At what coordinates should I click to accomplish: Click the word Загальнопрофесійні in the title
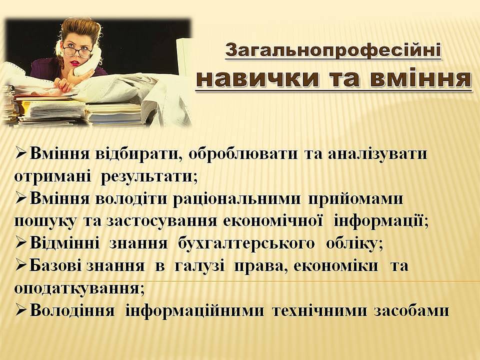(333, 51)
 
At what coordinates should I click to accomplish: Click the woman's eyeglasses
(77, 51)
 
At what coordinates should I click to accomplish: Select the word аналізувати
(377, 154)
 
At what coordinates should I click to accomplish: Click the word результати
(149, 176)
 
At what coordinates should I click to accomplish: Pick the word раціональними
(236, 199)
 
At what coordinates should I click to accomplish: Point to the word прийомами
(355, 199)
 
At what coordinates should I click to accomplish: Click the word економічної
(273, 221)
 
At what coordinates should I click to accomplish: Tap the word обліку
(354, 243)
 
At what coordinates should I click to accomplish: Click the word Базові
(55, 265)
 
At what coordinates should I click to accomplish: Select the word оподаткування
(79, 288)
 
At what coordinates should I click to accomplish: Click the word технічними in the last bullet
(319, 310)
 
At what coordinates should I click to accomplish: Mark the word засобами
(411, 311)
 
